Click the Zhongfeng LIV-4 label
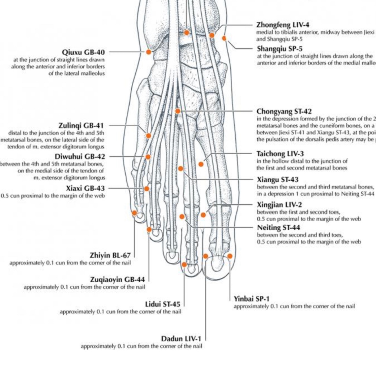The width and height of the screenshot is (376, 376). click(x=283, y=25)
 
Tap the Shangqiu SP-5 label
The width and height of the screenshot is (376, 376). click(x=280, y=49)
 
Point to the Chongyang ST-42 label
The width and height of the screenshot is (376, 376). click(x=284, y=111)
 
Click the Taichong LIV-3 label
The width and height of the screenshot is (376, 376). click(x=280, y=154)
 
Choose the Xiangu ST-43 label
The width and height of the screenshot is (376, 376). click(x=278, y=180)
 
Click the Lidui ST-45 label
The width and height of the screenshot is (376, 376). click(x=163, y=304)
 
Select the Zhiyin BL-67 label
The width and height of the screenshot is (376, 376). click(x=110, y=256)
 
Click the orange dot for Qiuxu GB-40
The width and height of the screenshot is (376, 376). click(x=148, y=52)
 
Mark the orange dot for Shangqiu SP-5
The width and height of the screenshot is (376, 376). click(x=224, y=38)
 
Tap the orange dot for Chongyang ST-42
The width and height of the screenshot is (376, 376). click(x=178, y=111)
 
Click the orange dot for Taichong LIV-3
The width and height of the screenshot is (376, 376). click(x=201, y=164)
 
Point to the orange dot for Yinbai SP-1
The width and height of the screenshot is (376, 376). click(x=230, y=256)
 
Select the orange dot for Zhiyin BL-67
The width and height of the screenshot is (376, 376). click(x=135, y=213)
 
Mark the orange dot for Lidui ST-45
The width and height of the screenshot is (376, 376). click(x=184, y=264)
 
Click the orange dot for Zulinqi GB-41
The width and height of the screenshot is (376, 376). click(x=148, y=136)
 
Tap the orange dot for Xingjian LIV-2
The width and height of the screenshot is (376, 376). click(x=203, y=215)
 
